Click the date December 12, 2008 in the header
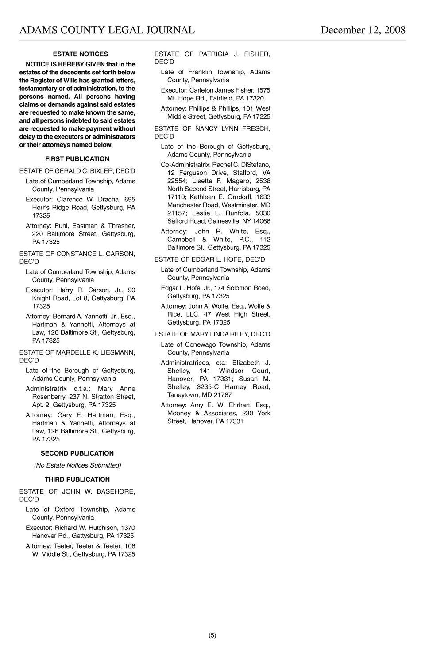pos(363,30)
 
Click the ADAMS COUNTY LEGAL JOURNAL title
pos(107,30)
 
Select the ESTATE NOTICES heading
pos(80,54)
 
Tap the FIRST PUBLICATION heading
pos(77,159)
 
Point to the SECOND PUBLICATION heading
pos(77,453)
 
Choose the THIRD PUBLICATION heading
pos(77,479)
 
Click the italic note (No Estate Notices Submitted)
pos(77,465)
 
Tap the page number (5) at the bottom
pos(212,635)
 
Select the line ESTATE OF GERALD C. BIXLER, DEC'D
pos(77,171)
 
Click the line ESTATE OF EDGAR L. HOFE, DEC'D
pos(209,259)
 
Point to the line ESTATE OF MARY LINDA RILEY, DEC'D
pos(212,334)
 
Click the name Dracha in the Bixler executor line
pos(108,200)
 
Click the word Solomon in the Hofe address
pos(238,288)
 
